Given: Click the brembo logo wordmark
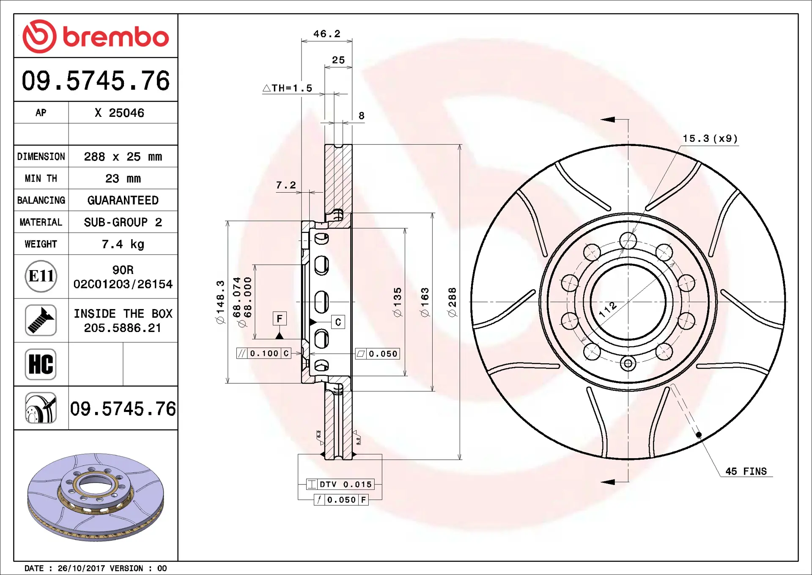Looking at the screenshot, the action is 116,37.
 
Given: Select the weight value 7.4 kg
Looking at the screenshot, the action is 123,244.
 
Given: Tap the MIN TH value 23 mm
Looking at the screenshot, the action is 123,179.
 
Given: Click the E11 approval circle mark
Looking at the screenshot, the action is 41,276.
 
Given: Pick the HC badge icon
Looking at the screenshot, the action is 41,364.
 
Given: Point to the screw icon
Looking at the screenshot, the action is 41,320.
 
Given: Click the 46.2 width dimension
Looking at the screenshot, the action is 326,34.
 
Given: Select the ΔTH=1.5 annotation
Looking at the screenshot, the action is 288,88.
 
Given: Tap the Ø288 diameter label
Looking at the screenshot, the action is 452,302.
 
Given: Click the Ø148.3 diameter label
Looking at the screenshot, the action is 220,302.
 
